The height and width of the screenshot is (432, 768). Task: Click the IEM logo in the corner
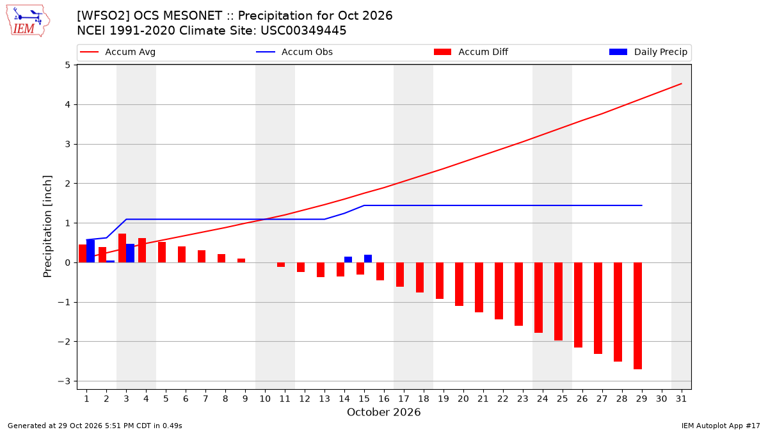pyautogui.click(x=28, y=21)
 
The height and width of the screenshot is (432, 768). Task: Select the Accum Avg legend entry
pyautogui.click(x=118, y=52)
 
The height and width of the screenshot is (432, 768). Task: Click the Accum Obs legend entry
pyautogui.click(x=294, y=52)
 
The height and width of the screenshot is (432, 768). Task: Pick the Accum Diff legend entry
pyautogui.click(x=471, y=52)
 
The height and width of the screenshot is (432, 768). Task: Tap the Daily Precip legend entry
pyautogui.click(x=648, y=52)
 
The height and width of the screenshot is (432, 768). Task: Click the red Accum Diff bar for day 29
pyautogui.click(x=637, y=316)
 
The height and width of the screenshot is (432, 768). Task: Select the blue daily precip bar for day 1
pyautogui.click(x=90, y=251)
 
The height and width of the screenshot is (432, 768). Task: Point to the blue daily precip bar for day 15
pyautogui.click(x=368, y=259)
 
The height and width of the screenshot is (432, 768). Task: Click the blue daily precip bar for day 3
pyautogui.click(x=131, y=253)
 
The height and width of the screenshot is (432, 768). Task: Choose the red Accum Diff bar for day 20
pyautogui.click(x=459, y=284)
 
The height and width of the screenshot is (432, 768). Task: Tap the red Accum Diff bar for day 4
pyautogui.click(x=142, y=250)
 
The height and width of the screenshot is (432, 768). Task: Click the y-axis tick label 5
pyautogui.click(x=67, y=65)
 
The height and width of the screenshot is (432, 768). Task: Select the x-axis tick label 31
pyautogui.click(x=681, y=399)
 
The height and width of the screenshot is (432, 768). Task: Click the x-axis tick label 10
pyautogui.click(x=265, y=399)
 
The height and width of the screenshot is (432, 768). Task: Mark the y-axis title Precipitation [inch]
pyautogui.click(x=47, y=227)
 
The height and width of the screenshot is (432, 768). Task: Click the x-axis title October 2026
pyautogui.click(x=383, y=412)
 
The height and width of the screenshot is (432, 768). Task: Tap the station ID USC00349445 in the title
pyautogui.click(x=303, y=31)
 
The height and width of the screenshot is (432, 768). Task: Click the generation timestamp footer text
pyautogui.click(x=95, y=426)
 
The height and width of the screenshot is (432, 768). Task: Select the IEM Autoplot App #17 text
pyautogui.click(x=721, y=426)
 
